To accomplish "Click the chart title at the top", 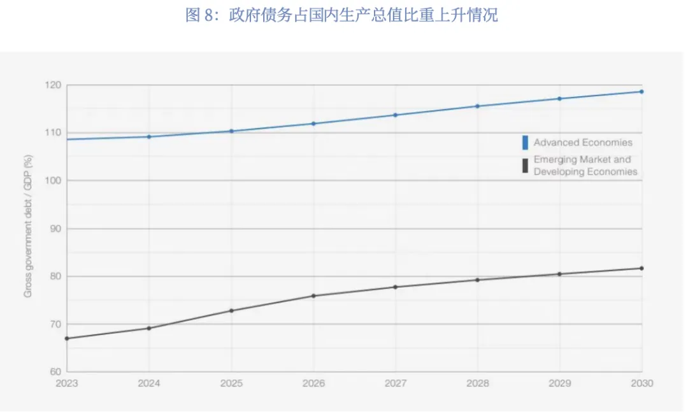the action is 342,15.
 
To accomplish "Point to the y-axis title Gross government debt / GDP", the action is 28,226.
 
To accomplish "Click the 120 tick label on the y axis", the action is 53,85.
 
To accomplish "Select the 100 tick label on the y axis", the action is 53,181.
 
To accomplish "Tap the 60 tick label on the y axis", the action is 55,372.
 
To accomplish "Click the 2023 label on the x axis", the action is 67,383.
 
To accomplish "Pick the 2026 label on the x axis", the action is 313,383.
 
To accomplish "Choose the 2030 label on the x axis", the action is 642,383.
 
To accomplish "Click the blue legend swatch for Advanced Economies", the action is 525,143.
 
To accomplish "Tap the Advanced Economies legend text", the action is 583,143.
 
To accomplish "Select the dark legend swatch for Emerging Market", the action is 525,166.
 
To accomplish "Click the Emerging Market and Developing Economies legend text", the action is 585,166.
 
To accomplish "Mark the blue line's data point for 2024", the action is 149,137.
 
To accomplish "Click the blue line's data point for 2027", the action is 396,115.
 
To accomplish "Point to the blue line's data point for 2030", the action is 641,92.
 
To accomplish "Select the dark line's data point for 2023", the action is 67,339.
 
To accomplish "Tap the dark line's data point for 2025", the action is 232,311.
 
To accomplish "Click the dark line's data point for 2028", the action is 477,280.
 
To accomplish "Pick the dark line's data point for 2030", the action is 641,268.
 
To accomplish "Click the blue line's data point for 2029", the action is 559,99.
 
